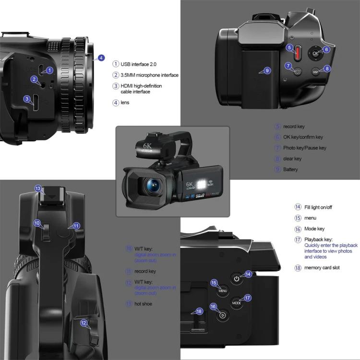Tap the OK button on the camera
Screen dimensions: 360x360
(x=315, y=53)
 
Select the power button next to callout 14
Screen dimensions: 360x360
(x=236, y=278)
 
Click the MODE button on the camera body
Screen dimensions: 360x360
(x=237, y=303)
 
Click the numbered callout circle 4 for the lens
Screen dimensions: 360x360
(x=101, y=58)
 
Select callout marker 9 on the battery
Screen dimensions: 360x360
(x=267, y=71)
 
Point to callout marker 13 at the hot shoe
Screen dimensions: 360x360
(x=38, y=189)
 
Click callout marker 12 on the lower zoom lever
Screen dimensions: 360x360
(x=84, y=323)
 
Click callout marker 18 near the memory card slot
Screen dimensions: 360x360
(x=199, y=311)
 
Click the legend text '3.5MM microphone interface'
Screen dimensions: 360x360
(x=149, y=75)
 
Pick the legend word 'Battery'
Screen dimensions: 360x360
(x=290, y=169)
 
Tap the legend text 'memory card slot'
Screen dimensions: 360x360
(x=322, y=267)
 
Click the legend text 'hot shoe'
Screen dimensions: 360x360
(x=144, y=303)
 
